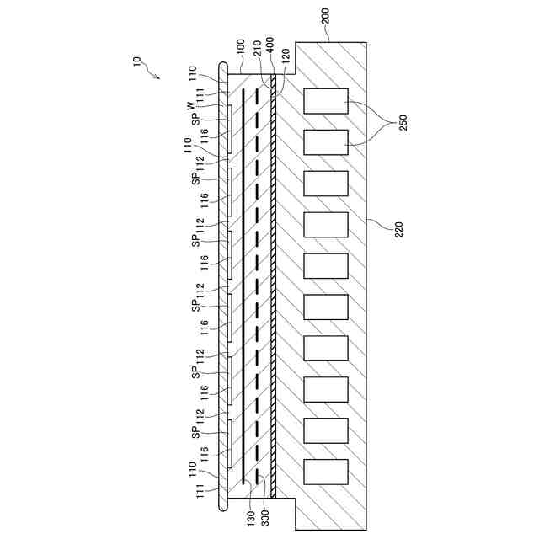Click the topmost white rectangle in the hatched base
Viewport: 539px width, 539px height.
click(x=326, y=101)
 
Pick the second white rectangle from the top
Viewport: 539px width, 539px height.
click(x=326, y=142)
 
